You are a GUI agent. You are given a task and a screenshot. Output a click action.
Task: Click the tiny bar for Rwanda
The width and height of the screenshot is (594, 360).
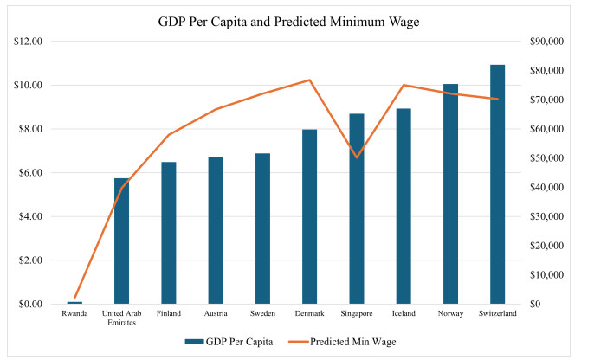[x=74, y=302]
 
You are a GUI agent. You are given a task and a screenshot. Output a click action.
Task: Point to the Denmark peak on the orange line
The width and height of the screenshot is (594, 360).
[x=309, y=80]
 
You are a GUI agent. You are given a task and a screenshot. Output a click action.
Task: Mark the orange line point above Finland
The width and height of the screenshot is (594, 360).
[x=169, y=135]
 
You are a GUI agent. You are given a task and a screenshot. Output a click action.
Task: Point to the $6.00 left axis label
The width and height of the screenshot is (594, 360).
[x=32, y=173]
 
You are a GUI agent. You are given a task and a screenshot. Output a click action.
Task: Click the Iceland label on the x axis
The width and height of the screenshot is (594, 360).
[x=403, y=314]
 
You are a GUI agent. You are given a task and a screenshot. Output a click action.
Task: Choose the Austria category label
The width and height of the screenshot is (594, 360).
[x=216, y=314]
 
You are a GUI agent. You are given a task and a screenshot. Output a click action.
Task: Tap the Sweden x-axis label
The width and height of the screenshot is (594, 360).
[x=262, y=314]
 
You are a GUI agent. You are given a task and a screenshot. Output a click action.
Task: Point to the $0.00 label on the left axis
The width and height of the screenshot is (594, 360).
[x=32, y=305]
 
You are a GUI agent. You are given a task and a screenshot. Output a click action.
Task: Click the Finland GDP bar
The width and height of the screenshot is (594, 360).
[x=169, y=233]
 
